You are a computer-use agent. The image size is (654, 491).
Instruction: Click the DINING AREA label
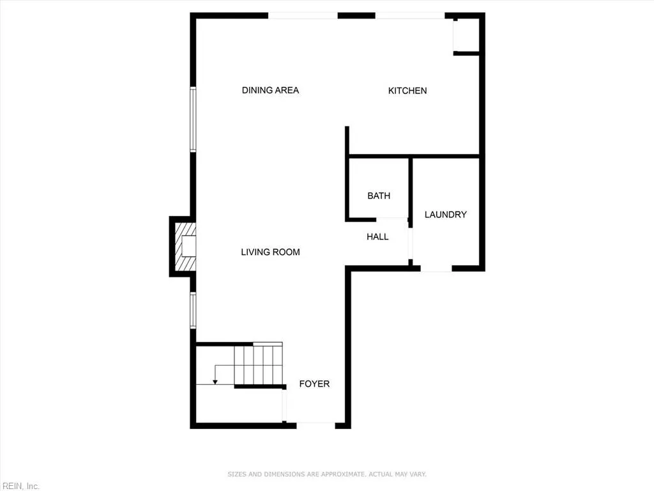(270, 90)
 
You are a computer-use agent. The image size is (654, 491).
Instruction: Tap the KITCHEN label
(407, 91)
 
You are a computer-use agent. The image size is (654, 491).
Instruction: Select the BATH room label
(379, 196)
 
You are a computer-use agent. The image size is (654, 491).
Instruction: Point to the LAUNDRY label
(445, 214)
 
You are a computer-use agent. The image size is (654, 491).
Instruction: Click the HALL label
(377, 237)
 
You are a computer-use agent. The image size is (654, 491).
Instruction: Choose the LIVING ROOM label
(270, 252)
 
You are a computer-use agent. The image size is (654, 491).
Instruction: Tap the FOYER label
(314, 384)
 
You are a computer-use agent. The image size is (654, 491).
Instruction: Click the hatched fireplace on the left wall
(184, 246)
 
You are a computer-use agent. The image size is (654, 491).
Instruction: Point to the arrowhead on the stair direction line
(215, 382)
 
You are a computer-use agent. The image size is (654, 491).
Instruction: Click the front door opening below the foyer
(314, 423)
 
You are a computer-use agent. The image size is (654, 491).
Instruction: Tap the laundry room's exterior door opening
(436, 269)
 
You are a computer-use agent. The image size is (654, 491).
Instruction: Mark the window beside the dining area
(193, 120)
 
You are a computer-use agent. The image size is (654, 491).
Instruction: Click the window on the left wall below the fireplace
(193, 310)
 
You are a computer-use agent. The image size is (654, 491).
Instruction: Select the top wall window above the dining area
(302, 15)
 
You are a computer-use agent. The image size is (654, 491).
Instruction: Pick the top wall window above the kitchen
(409, 15)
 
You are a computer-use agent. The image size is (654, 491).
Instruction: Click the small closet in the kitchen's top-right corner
(466, 35)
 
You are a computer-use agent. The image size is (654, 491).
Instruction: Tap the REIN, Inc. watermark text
(20, 486)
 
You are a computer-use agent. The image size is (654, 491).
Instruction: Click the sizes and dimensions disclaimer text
(327, 474)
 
